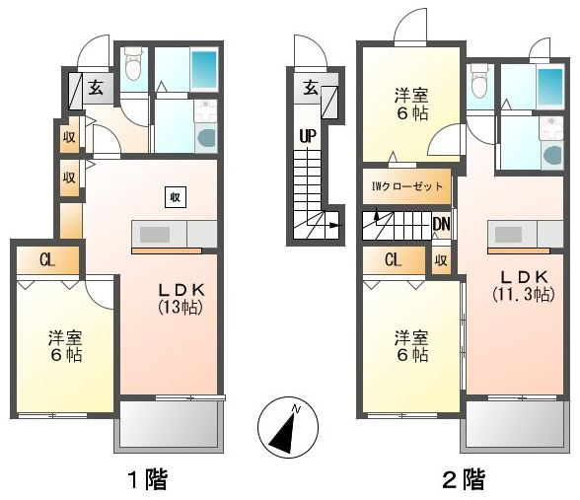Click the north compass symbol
tap(288, 428)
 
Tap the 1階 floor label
tap(148, 479)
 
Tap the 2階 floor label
tap(464, 479)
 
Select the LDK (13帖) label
tap(181, 299)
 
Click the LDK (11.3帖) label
tap(524, 286)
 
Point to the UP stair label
tap(308, 136)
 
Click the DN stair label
tap(441, 224)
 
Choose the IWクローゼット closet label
tap(406, 186)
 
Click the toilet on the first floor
tap(133, 64)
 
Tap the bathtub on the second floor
tap(550, 87)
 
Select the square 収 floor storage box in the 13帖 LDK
tap(176, 197)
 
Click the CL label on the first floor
tap(47, 260)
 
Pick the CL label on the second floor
tap(393, 259)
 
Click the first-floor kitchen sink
tap(155, 234)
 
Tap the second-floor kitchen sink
tap(508, 234)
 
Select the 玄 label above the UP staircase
tap(311, 88)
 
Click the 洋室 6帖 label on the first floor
tap(66, 346)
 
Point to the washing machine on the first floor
tap(206, 138)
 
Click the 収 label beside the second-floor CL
tap(441, 260)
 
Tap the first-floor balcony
tap(169, 426)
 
